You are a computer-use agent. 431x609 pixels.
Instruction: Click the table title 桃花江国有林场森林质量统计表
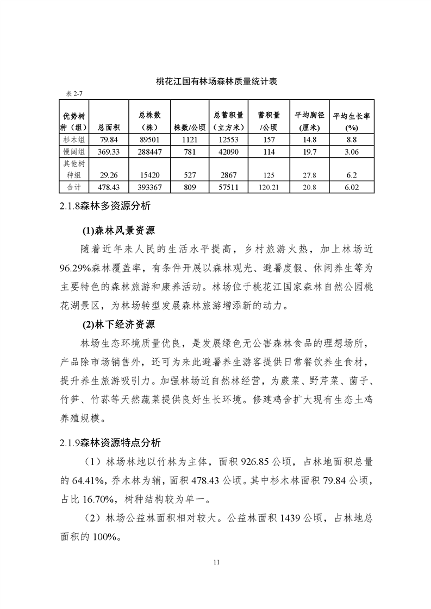216,82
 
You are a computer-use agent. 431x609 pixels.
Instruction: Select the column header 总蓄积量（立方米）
228,122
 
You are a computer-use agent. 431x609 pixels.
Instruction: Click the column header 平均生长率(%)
351,122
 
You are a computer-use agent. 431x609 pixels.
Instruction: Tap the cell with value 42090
228,151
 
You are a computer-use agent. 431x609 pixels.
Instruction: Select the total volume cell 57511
228,187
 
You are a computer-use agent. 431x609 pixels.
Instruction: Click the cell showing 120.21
268,187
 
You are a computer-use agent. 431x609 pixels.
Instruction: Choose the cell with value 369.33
110,151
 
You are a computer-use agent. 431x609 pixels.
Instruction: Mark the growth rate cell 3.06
351,151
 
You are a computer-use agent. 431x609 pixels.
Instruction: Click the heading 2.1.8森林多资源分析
105,206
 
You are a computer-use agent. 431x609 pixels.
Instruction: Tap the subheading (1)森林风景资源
118,231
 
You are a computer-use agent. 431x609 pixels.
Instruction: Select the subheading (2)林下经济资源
118,325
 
